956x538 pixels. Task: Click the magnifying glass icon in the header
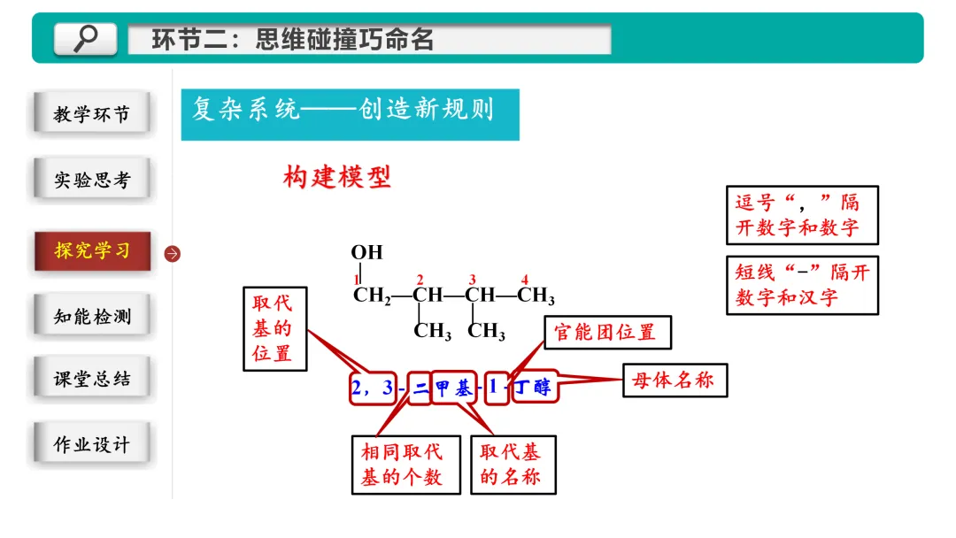click(86, 38)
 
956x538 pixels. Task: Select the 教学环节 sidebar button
click(91, 114)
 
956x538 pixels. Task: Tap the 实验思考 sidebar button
click(91, 180)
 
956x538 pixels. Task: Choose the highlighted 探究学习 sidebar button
click(92, 250)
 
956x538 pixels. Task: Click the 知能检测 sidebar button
click(91, 316)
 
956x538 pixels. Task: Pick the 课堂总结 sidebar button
click(91, 379)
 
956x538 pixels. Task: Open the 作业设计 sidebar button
click(91, 444)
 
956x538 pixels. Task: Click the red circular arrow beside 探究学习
click(173, 254)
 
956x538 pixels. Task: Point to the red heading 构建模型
click(336, 177)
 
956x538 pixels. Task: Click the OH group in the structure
click(366, 252)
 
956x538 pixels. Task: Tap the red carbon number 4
click(525, 280)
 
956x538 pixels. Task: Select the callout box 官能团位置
click(606, 333)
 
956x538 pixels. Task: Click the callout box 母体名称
click(675, 380)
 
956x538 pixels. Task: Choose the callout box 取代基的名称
click(513, 464)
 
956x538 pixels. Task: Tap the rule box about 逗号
click(802, 215)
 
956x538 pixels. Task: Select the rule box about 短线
click(802, 285)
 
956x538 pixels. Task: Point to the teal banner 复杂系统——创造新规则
click(350, 112)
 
